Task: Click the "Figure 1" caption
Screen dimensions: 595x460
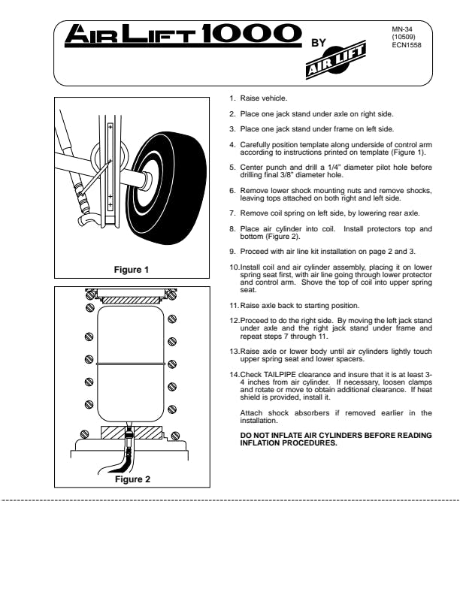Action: (131, 270)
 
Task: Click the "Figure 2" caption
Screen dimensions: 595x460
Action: (132, 479)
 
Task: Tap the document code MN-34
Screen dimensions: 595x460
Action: (400, 30)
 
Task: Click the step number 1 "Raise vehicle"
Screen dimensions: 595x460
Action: (232, 98)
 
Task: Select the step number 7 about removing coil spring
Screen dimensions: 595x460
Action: (232, 213)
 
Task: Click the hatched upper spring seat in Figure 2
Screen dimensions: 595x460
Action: (132, 299)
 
